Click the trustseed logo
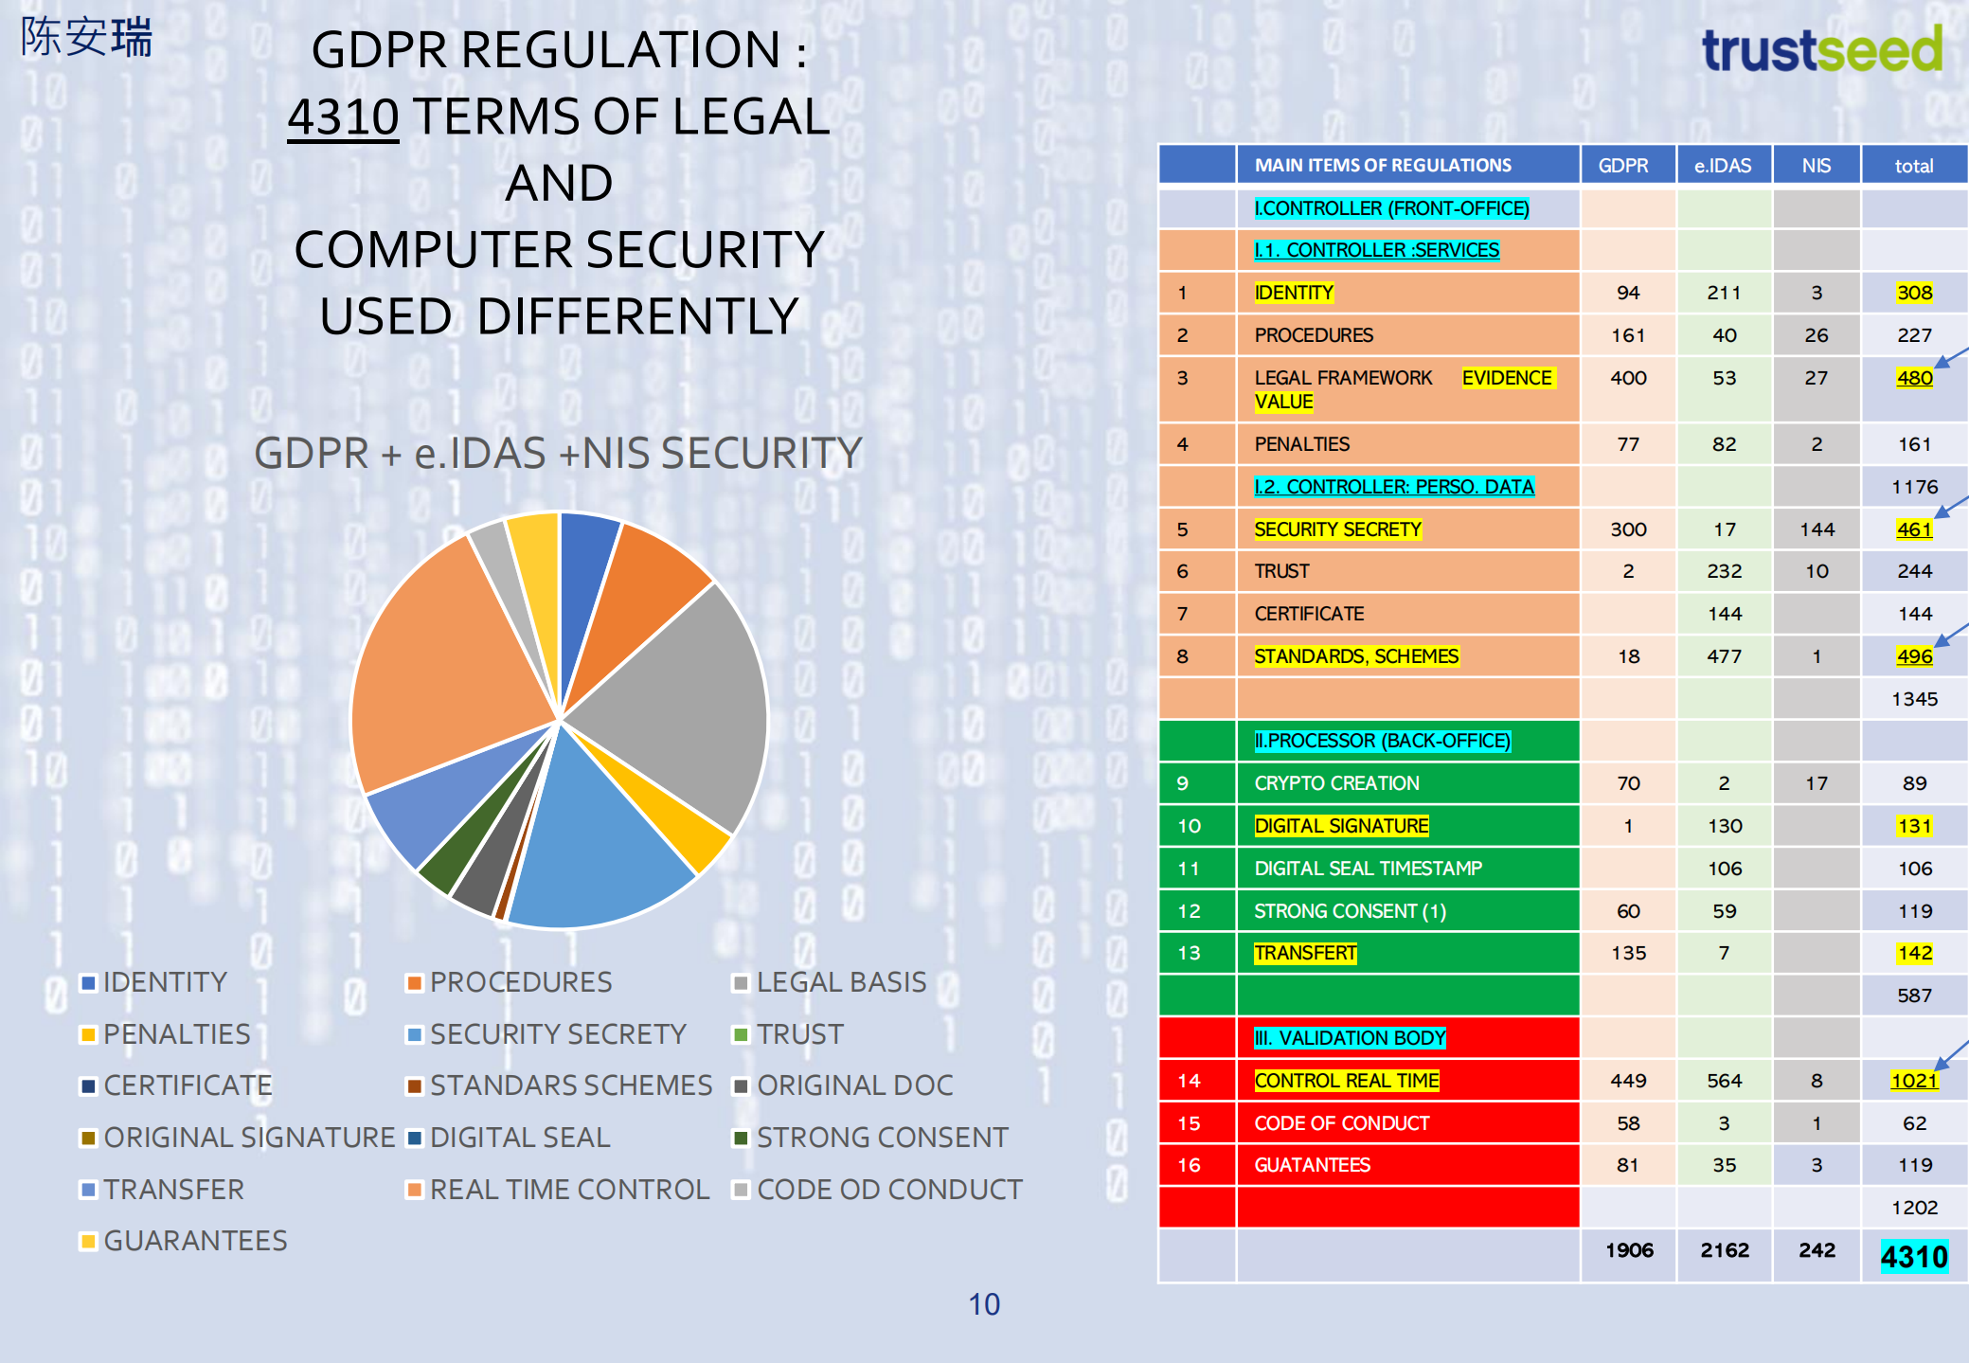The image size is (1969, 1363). point(1821,51)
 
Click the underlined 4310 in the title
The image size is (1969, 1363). point(343,117)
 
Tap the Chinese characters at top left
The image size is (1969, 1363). point(86,38)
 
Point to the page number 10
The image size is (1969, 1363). point(984,1304)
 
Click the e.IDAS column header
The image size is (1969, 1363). point(1723,166)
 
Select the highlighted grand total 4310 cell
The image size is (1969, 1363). point(1914,1257)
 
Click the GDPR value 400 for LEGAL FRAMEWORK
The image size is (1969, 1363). point(1628,378)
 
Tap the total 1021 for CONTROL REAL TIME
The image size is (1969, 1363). point(1914,1081)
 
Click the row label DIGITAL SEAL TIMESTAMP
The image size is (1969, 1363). point(1368,869)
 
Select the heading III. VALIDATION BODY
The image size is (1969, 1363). point(1350,1038)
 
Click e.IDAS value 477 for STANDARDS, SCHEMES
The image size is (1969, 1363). point(1724,656)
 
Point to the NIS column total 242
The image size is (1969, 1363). point(1817,1250)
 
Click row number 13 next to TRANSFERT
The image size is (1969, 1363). point(1189,953)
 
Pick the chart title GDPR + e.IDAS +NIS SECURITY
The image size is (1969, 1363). point(558,453)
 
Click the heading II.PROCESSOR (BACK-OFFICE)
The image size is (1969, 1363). point(1382,741)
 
